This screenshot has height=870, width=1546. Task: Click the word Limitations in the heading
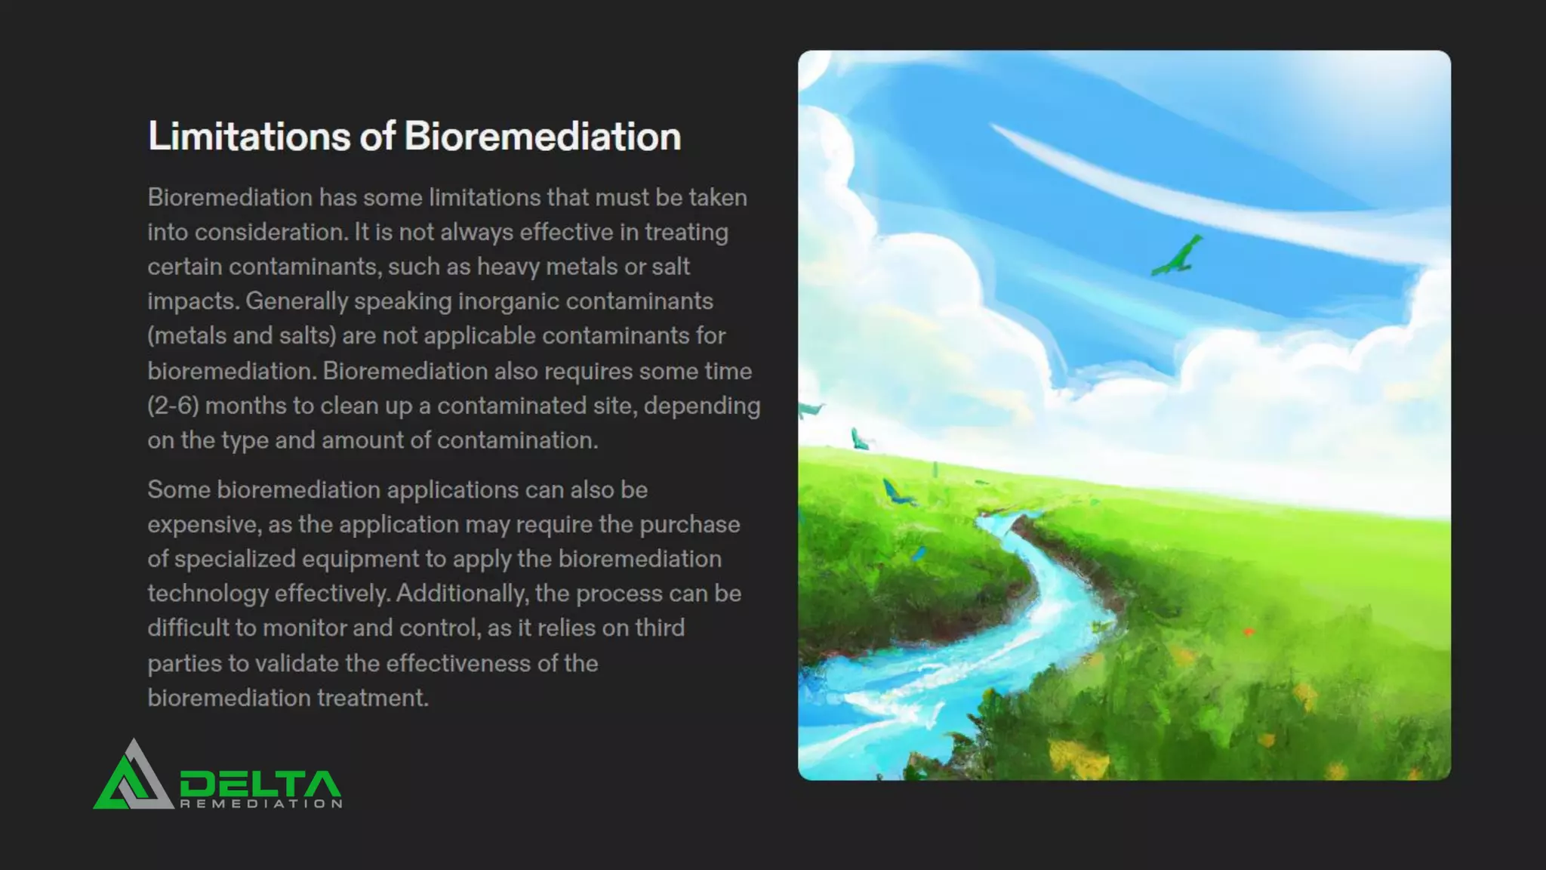pos(249,137)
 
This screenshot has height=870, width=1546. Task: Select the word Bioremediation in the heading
pos(542,137)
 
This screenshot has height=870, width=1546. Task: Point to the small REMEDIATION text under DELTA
pos(261,804)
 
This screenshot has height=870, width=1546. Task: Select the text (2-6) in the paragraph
pos(173,406)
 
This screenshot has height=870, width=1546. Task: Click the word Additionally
pos(460,594)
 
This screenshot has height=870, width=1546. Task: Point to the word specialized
pos(235,559)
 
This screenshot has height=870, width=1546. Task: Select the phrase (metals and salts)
pos(242,335)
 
